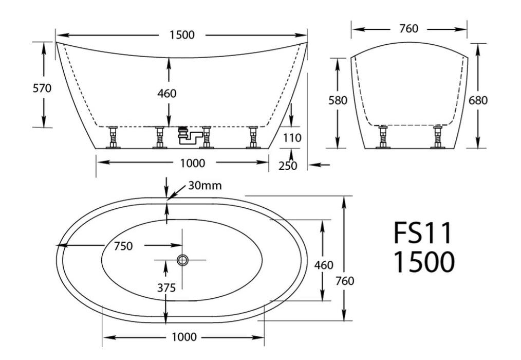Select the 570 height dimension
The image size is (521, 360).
coord(42,88)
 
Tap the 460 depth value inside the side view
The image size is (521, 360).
coord(166,93)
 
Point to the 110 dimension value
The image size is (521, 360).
coord(292,138)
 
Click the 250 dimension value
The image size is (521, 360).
coord(288,166)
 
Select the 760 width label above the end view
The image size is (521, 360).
coord(408,29)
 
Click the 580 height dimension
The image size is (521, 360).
coord(338,100)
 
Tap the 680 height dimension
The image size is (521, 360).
coord(478,100)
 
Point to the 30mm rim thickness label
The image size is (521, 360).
coord(204,186)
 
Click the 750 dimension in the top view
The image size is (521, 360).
coord(123,246)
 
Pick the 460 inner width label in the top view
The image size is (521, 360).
coord(324,265)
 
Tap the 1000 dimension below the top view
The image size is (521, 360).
coord(184,337)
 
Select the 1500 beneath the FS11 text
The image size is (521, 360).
coord(424,262)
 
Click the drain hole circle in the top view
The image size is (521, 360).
coord(182,260)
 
